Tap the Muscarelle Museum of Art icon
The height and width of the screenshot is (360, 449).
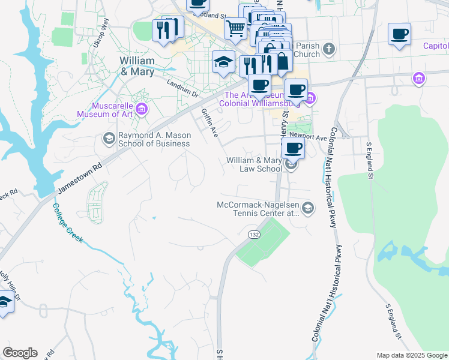(x=142, y=109)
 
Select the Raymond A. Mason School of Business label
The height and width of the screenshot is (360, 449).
(x=154, y=140)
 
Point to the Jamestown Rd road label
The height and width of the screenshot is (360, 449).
(x=77, y=178)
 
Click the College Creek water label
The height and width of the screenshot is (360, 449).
(x=67, y=223)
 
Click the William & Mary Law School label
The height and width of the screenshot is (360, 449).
(x=253, y=165)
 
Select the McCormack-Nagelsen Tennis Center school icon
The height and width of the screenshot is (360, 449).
(x=307, y=208)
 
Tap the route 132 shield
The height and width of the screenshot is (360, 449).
(x=255, y=235)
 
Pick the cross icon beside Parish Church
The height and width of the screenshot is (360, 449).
(x=328, y=48)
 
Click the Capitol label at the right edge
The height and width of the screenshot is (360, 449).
(x=436, y=46)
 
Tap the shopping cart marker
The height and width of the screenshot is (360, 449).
(x=236, y=28)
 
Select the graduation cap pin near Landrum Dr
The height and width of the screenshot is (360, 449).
(x=223, y=62)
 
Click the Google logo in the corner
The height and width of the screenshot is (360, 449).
(x=20, y=353)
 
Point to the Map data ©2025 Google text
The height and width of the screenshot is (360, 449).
(x=412, y=355)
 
